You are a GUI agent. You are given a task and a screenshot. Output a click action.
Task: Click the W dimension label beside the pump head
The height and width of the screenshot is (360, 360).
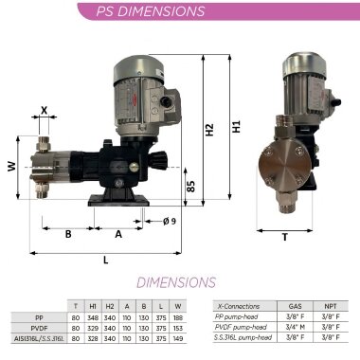point(11,167)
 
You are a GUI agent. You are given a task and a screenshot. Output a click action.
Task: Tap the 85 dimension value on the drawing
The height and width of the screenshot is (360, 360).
point(189,187)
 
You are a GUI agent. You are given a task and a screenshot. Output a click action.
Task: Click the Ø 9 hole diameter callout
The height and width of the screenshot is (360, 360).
point(171,221)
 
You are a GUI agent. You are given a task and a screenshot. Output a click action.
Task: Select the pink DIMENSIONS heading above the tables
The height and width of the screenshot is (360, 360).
point(176,282)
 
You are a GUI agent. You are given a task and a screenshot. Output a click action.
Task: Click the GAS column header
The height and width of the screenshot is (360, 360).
point(295,307)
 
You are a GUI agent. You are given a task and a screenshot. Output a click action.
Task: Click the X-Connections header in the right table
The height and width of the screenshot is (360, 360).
point(238,307)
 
